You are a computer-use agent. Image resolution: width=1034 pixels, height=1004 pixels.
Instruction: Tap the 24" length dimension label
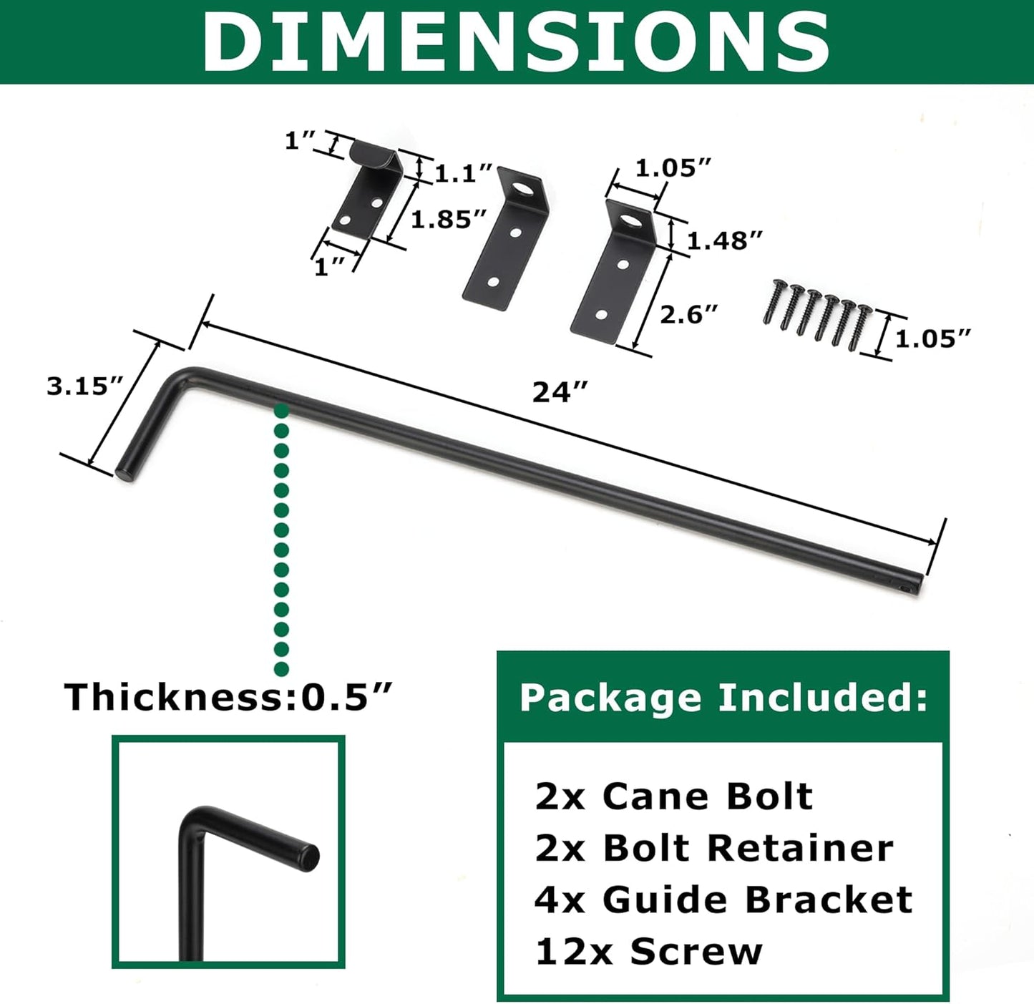pyautogui.click(x=560, y=392)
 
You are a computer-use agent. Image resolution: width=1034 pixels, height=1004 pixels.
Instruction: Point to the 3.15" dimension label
pyautogui.click(x=85, y=386)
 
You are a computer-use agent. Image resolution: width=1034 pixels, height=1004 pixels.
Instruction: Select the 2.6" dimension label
pyautogui.click(x=688, y=314)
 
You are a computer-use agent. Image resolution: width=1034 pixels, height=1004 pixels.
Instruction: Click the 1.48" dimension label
pyautogui.click(x=724, y=240)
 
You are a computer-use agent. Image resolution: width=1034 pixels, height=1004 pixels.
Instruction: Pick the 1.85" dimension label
pyautogui.click(x=449, y=219)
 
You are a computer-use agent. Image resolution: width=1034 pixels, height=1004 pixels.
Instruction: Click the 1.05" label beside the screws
pyautogui.click(x=933, y=338)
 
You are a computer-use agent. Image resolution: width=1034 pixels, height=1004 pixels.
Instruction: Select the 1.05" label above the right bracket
pyautogui.click(x=673, y=168)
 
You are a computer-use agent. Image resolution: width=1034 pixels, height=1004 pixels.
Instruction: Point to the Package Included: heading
pyautogui.click(x=723, y=697)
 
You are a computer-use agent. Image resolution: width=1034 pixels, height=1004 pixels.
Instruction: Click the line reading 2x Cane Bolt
pyautogui.click(x=673, y=796)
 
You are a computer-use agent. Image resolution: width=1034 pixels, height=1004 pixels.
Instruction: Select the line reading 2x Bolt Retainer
pyautogui.click(x=713, y=848)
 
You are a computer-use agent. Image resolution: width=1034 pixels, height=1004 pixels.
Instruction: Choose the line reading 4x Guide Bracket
pyautogui.click(x=723, y=900)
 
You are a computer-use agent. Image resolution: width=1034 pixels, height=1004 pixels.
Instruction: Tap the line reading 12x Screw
pyautogui.click(x=648, y=952)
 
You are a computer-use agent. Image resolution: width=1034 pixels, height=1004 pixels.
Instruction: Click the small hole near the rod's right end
pyautogui.click(x=906, y=589)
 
